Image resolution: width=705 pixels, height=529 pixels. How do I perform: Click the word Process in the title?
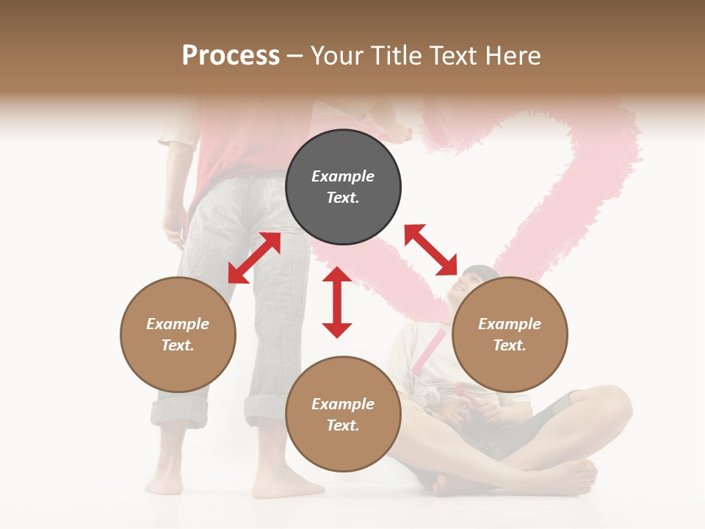tap(231, 56)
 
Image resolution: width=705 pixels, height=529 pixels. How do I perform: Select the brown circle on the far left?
tap(178, 334)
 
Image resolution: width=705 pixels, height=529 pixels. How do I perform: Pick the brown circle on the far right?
tap(510, 334)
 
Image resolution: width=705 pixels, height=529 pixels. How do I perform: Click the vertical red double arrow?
tap(337, 302)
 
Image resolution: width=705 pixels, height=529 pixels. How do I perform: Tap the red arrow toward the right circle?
tap(430, 250)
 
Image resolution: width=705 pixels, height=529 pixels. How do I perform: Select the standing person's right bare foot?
tap(286, 486)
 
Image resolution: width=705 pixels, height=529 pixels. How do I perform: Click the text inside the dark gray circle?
tap(343, 187)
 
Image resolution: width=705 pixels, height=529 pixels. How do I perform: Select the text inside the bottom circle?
tap(343, 414)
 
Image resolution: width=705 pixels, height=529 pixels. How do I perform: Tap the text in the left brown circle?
tap(178, 334)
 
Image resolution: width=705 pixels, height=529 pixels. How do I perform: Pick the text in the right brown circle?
tap(510, 334)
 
